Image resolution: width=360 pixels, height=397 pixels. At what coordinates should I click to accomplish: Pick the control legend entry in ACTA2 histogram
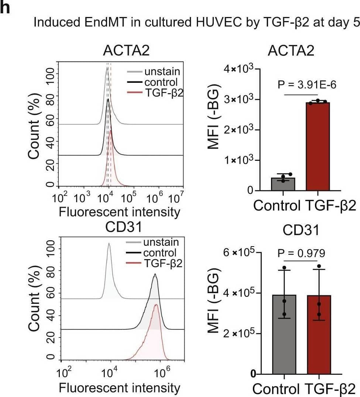(x=161, y=82)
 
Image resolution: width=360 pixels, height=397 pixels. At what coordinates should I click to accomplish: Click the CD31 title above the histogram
(x=123, y=227)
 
